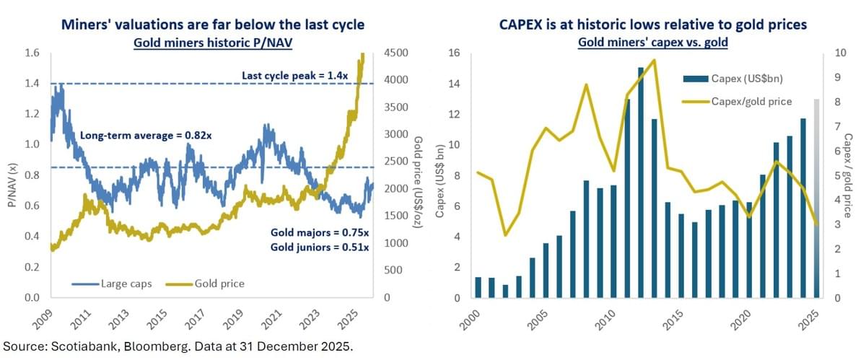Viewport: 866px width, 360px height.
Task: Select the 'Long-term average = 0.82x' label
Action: tap(140, 135)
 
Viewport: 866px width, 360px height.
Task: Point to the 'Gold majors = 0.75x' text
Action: tap(320, 234)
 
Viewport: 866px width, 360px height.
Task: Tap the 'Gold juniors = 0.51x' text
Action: tap(320, 248)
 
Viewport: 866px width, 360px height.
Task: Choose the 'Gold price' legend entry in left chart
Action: tap(219, 284)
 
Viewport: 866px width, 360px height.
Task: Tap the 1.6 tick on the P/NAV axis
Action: tap(31, 53)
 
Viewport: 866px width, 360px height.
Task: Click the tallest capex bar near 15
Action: tap(641, 183)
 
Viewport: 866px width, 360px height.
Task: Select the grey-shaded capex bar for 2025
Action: tap(816, 198)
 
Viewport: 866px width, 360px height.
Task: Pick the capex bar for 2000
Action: tap(477, 287)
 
